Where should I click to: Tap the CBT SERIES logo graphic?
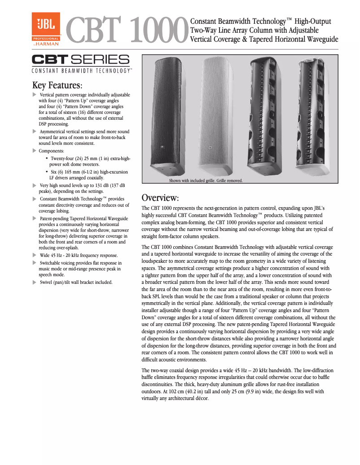click(80, 60)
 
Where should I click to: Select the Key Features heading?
click(57, 85)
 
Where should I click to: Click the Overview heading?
click(160, 198)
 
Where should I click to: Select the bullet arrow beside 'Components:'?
click(35, 151)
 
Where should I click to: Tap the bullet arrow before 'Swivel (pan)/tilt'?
click(35, 282)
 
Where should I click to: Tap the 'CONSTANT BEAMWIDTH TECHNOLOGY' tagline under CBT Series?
click(81, 71)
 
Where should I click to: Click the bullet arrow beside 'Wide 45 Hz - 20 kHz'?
click(35, 255)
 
